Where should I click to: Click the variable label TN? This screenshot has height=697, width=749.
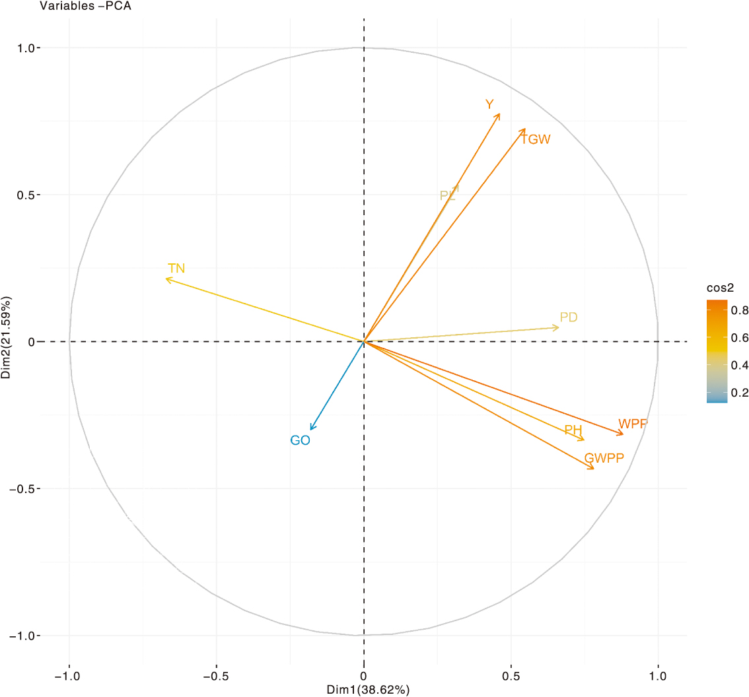[x=176, y=269]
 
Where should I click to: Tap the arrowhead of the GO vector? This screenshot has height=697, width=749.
[x=310, y=430]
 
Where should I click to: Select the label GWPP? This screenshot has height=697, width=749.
[x=604, y=457]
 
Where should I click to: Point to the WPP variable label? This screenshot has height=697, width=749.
[x=633, y=424]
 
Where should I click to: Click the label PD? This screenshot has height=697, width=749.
[x=569, y=317]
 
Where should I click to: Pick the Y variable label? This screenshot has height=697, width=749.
[x=489, y=104]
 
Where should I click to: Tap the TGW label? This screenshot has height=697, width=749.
[x=536, y=139]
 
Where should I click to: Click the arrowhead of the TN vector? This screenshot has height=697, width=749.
[x=166, y=279]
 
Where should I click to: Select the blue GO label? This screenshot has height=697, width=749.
[x=300, y=440]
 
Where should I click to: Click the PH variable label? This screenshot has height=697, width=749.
[x=573, y=430]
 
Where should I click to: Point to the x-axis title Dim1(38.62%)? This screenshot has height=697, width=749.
[x=369, y=690]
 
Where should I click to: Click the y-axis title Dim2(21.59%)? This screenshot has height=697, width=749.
[x=7, y=341]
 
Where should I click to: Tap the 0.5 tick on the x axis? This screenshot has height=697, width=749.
[x=511, y=677]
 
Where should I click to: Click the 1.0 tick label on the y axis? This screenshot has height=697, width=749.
[x=29, y=48]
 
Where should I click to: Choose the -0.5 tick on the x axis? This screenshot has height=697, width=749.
[x=216, y=677]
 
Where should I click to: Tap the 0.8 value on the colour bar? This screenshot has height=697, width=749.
[x=741, y=310]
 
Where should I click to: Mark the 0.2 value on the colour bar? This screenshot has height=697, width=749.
[x=741, y=393]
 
